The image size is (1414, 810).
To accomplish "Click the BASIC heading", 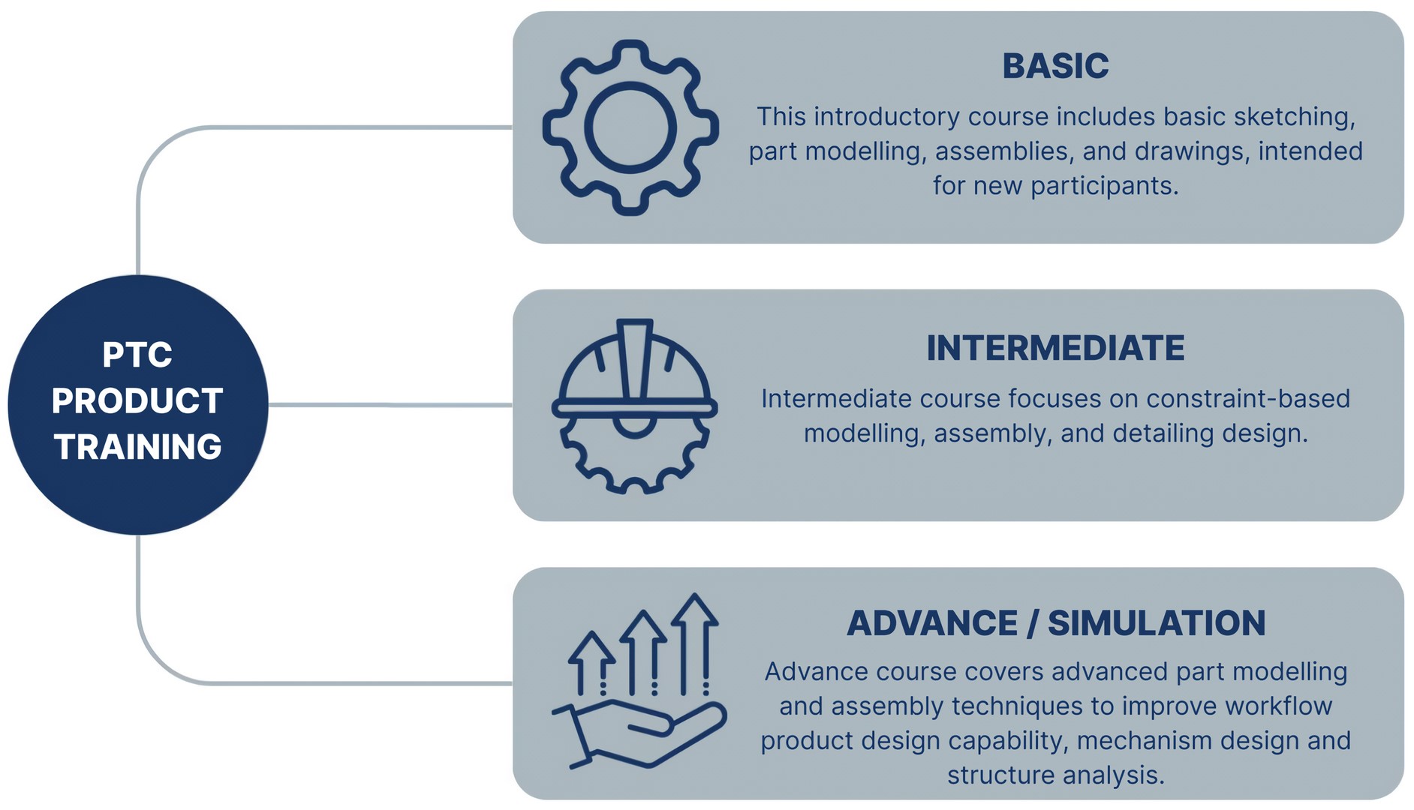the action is [1055, 66].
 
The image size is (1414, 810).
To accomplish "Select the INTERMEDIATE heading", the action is [1055, 348].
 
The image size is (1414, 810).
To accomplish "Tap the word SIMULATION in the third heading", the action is [1156, 623].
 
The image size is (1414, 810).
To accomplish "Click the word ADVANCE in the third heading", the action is [932, 623].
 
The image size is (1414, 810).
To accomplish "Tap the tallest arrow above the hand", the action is [695, 643].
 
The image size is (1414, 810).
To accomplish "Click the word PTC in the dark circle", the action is [137, 355].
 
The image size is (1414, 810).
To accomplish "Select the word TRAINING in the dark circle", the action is [138, 447].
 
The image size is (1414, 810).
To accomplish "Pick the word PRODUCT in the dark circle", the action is [137, 400].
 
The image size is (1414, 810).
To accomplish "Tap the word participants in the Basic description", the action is [1104, 186].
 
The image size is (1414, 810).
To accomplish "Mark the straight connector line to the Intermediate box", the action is [390, 405].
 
